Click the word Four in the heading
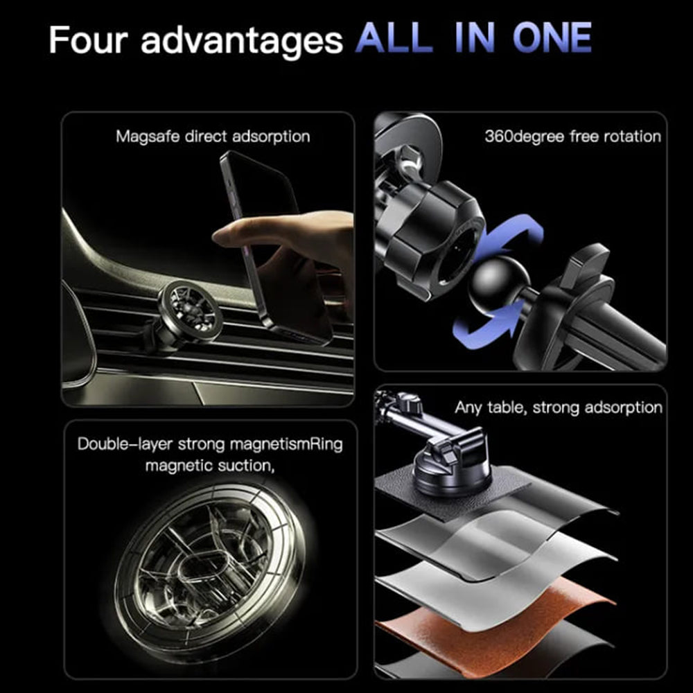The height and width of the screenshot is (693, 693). (x=88, y=40)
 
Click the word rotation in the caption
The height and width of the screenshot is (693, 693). (x=631, y=136)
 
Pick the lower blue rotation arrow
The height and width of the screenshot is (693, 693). (x=485, y=326)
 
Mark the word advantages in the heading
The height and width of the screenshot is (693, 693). (x=242, y=40)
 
